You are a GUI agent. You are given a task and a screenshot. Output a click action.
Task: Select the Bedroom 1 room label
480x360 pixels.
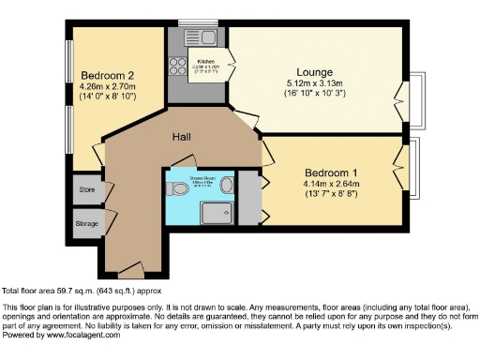coord(332,172)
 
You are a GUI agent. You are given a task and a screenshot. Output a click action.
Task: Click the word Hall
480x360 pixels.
coord(182,137)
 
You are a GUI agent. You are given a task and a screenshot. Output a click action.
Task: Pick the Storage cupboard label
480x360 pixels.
coord(87,223)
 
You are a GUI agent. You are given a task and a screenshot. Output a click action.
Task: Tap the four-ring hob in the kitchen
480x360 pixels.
coord(175,67)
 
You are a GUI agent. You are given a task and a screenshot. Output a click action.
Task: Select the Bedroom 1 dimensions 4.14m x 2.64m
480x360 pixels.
coord(332,184)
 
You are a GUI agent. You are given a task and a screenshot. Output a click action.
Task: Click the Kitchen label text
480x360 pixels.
coord(206,61)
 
